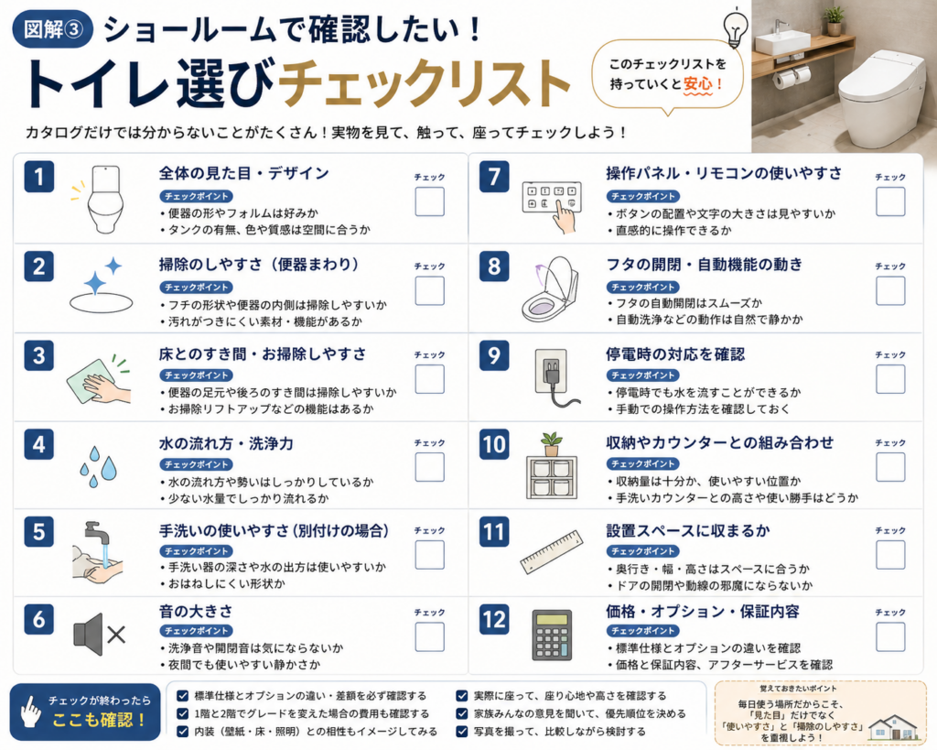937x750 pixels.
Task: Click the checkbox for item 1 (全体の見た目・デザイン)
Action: click(430, 201)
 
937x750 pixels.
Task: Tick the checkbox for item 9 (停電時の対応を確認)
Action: click(890, 379)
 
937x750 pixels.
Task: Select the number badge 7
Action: click(494, 177)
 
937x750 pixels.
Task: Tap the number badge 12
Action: click(494, 620)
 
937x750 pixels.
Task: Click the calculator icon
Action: click(552, 636)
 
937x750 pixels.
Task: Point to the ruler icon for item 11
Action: click(552, 551)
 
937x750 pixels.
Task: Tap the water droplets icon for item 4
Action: click(98, 466)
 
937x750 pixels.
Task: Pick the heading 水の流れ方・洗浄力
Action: click(226, 443)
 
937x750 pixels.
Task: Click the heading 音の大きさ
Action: click(196, 611)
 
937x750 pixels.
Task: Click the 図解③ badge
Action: click(52, 29)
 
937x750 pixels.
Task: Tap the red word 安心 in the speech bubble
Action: click(698, 83)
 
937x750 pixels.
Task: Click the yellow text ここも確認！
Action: click(99, 720)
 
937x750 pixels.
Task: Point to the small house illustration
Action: click(893, 728)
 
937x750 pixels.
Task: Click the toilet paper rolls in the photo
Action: click(792, 78)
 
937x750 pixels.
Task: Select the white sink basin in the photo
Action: click(776, 43)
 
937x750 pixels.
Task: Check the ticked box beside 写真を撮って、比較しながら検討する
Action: click(462, 731)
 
